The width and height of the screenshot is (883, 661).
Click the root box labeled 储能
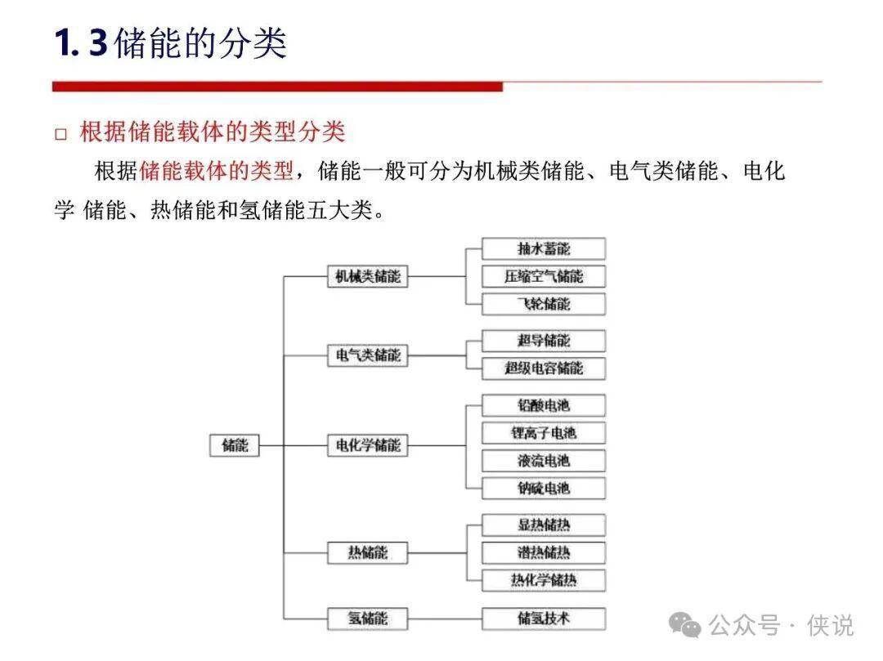(235, 445)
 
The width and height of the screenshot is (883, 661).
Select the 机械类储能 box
(368, 276)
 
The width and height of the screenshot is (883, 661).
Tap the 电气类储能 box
(368, 355)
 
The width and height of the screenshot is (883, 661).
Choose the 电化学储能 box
(368, 445)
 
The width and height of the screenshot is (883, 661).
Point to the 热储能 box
(368, 553)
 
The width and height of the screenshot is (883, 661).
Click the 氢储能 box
(368, 618)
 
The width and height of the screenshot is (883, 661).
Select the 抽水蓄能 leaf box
(544, 248)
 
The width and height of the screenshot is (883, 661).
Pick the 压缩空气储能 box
(544, 276)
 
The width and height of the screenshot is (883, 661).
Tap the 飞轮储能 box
(544, 304)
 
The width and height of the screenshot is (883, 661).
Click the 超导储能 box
(544, 341)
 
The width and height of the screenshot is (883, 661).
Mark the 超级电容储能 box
(544, 368)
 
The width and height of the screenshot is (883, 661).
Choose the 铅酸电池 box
(544, 405)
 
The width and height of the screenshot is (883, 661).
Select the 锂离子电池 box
(544, 433)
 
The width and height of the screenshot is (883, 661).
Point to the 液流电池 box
(544, 461)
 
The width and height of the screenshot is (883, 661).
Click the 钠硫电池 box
(544, 489)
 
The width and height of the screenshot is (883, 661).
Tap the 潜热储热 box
(544, 553)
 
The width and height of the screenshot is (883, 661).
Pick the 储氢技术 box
(544, 618)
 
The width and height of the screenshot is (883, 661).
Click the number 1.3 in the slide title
(80, 43)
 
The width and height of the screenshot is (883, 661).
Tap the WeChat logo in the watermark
(685, 625)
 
